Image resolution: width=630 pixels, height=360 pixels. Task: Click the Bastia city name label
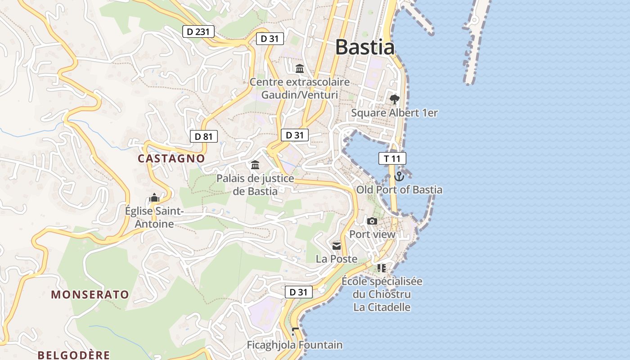[x=364, y=47]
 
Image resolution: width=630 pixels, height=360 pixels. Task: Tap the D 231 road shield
[x=198, y=31]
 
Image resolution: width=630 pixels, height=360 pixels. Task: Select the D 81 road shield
[x=204, y=136]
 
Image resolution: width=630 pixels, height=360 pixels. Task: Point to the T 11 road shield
[x=392, y=158]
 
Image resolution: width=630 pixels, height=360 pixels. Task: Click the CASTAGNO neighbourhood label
[x=171, y=158]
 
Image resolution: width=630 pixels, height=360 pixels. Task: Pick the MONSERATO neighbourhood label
[x=90, y=295]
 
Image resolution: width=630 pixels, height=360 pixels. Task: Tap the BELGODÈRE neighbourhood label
[x=74, y=355]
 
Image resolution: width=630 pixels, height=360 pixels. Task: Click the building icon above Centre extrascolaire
[x=300, y=68]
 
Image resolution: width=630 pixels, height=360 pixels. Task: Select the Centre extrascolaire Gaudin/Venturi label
[x=300, y=89]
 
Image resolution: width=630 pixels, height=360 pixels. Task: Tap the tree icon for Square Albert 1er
[x=395, y=99]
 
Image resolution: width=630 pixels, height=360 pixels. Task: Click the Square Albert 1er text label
[x=394, y=113]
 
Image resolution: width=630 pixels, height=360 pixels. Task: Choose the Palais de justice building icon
[x=255, y=165]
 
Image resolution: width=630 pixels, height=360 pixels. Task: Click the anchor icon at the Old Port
[x=399, y=176]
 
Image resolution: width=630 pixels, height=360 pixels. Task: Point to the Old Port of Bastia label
[x=399, y=190]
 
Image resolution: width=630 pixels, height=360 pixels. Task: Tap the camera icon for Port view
[x=372, y=221]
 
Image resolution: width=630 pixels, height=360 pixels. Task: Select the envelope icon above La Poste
[x=337, y=246]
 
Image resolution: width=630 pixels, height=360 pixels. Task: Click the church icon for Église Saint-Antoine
[x=154, y=198]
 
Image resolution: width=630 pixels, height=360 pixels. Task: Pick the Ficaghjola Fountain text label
[x=295, y=345]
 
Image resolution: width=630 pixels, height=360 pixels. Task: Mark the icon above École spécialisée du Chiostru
[x=382, y=268]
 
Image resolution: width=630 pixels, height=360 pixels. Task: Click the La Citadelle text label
[x=382, y=307]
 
